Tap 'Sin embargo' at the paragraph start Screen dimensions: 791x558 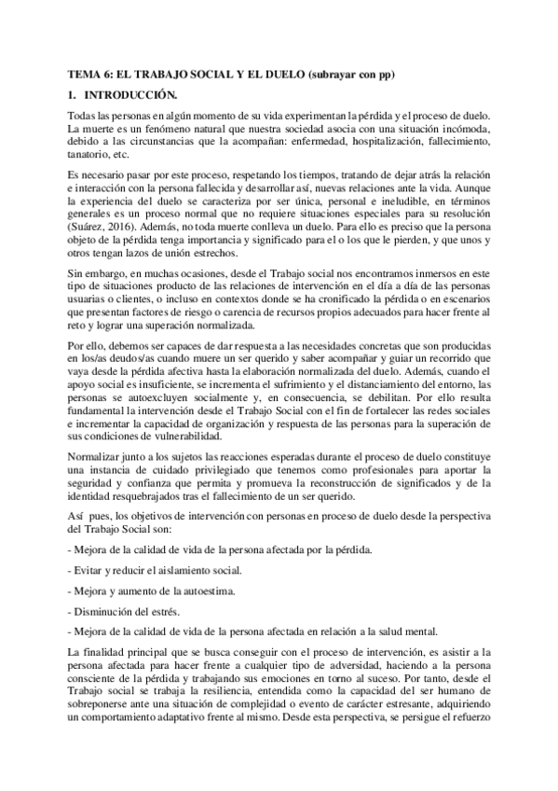100,271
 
